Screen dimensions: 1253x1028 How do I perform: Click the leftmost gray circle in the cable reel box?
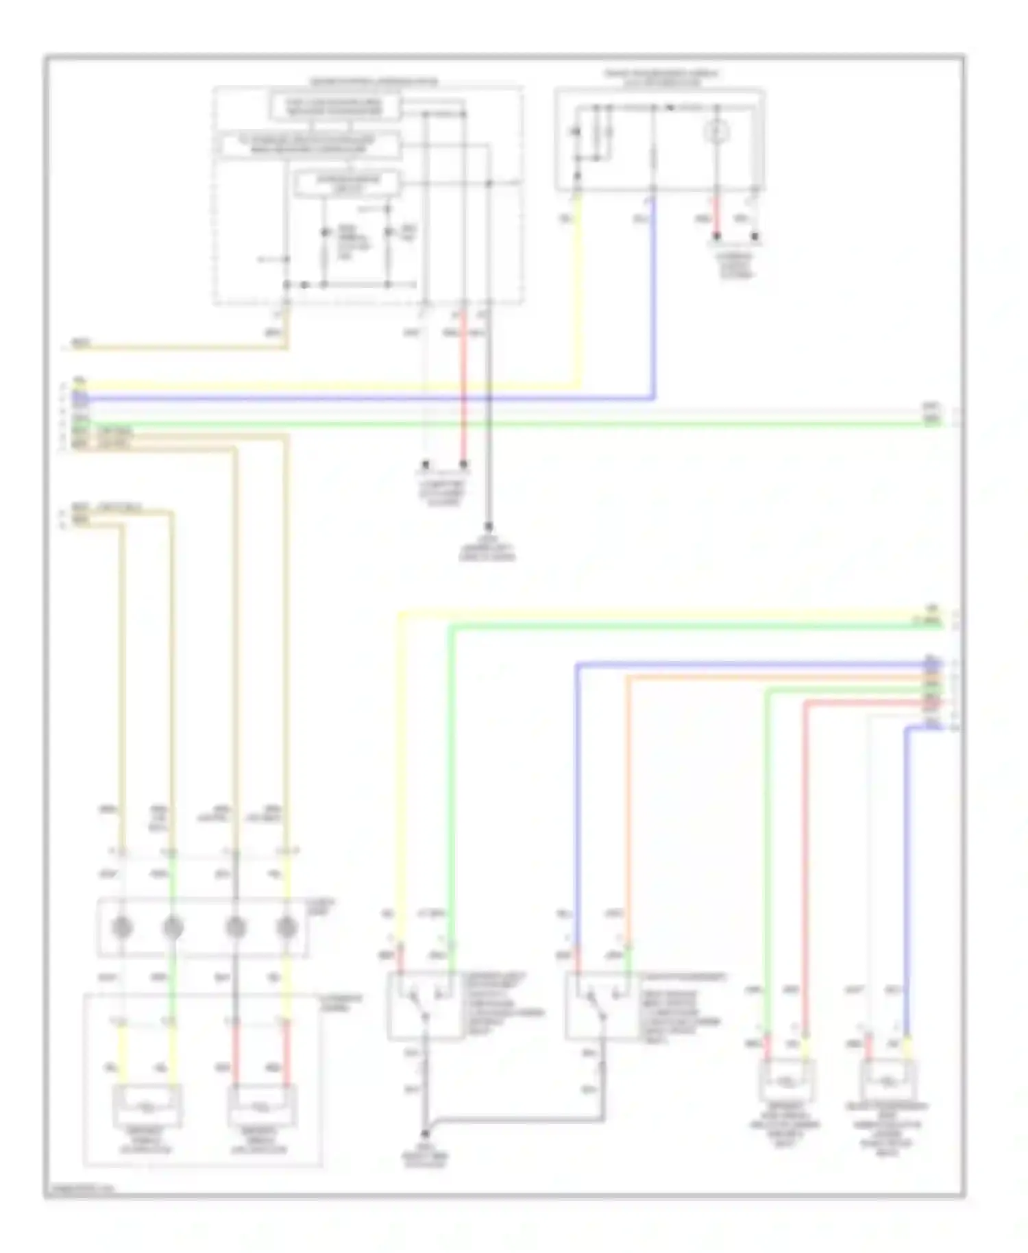pyautogui.click(x=122, y=928)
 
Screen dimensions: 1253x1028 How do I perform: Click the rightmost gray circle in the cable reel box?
pyautogui.click(x=286, y=928)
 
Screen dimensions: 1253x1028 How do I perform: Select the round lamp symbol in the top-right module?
pyautogui.click(x=718, y=131)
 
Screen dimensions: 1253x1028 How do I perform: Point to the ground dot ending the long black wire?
pyautogui.click(x=489, y=527)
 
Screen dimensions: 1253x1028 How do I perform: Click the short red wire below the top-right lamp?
pyautogui.click(x=718, y=216)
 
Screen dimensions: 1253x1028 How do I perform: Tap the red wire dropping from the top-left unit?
pyautogui.click(x=463, y=384)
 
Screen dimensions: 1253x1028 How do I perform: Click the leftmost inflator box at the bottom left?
pyautogui.click(x=148, y=1105)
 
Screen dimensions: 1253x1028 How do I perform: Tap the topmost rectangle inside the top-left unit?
pyautogui.click(x=334, y=106)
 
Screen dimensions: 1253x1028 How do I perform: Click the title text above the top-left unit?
pyautogui.click(x=374, y=82)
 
